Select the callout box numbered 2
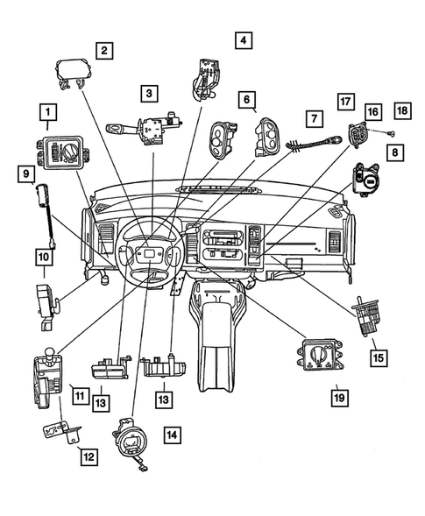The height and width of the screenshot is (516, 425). click(x=104, y=51)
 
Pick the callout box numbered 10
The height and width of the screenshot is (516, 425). click(x=43, y=257)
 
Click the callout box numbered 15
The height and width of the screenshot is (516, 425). click(x=378, y=357)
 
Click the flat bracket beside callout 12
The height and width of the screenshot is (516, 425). click(x=58, y=432)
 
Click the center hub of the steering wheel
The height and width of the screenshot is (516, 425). click(x=149, y=255)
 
